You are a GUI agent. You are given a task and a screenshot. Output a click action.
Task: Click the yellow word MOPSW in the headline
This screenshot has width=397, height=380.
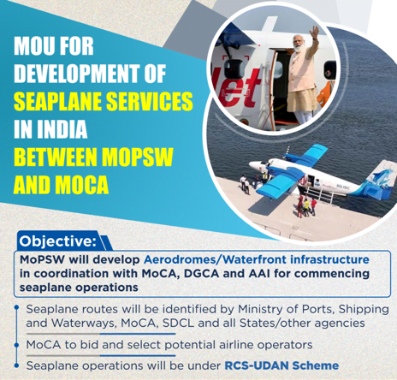coord(138,157)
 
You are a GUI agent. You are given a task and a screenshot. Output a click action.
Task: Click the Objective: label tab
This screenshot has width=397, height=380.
coord(58,241)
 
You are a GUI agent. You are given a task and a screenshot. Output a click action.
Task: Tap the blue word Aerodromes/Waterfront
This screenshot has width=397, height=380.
coord(215,259)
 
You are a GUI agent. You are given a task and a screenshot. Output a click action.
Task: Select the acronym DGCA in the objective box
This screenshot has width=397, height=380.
coord(201,273)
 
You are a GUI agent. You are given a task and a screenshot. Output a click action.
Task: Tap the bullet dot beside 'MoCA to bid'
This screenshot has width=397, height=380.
coord(17,345)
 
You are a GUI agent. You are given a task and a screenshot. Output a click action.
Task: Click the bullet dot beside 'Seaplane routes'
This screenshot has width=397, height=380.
coord(17,307)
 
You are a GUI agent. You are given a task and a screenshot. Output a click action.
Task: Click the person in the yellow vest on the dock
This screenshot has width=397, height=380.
coord(306,207)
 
